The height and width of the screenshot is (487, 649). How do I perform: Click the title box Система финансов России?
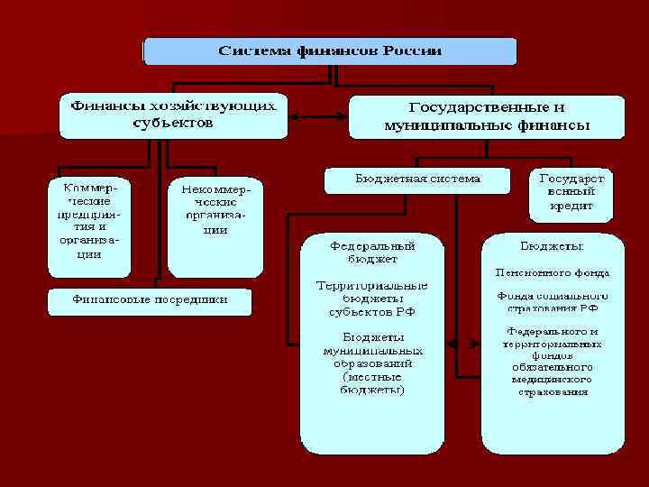tap(330, 51)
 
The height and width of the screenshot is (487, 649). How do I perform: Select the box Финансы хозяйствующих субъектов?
tap(173, 115)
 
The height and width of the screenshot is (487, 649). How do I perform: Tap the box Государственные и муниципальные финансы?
tap(487, 117)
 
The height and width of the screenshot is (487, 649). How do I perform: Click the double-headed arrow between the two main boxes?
tap(318, 116)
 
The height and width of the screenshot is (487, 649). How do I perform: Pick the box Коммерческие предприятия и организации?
tap(89, 224)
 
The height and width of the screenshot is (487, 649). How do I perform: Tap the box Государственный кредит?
tap(571, 193)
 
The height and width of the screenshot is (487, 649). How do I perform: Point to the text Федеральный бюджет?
tap(371, 252)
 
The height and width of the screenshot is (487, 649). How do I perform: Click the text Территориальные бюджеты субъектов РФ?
tap(371, 298)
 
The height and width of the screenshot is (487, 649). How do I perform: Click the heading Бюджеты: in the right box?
tap(552, 246)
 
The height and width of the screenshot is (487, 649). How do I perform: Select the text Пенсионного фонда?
tap(552, 271)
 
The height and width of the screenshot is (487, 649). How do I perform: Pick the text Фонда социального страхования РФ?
tap(552, 301)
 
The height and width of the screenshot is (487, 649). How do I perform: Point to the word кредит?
tap(571, 207)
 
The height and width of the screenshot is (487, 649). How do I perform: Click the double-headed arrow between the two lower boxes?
tap(464, 344)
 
